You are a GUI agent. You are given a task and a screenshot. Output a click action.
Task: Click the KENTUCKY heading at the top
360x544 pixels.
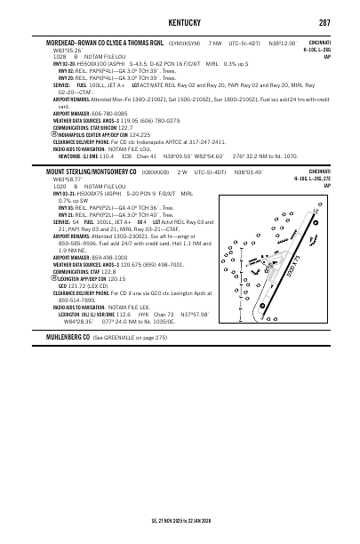click(x=180, y=21)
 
